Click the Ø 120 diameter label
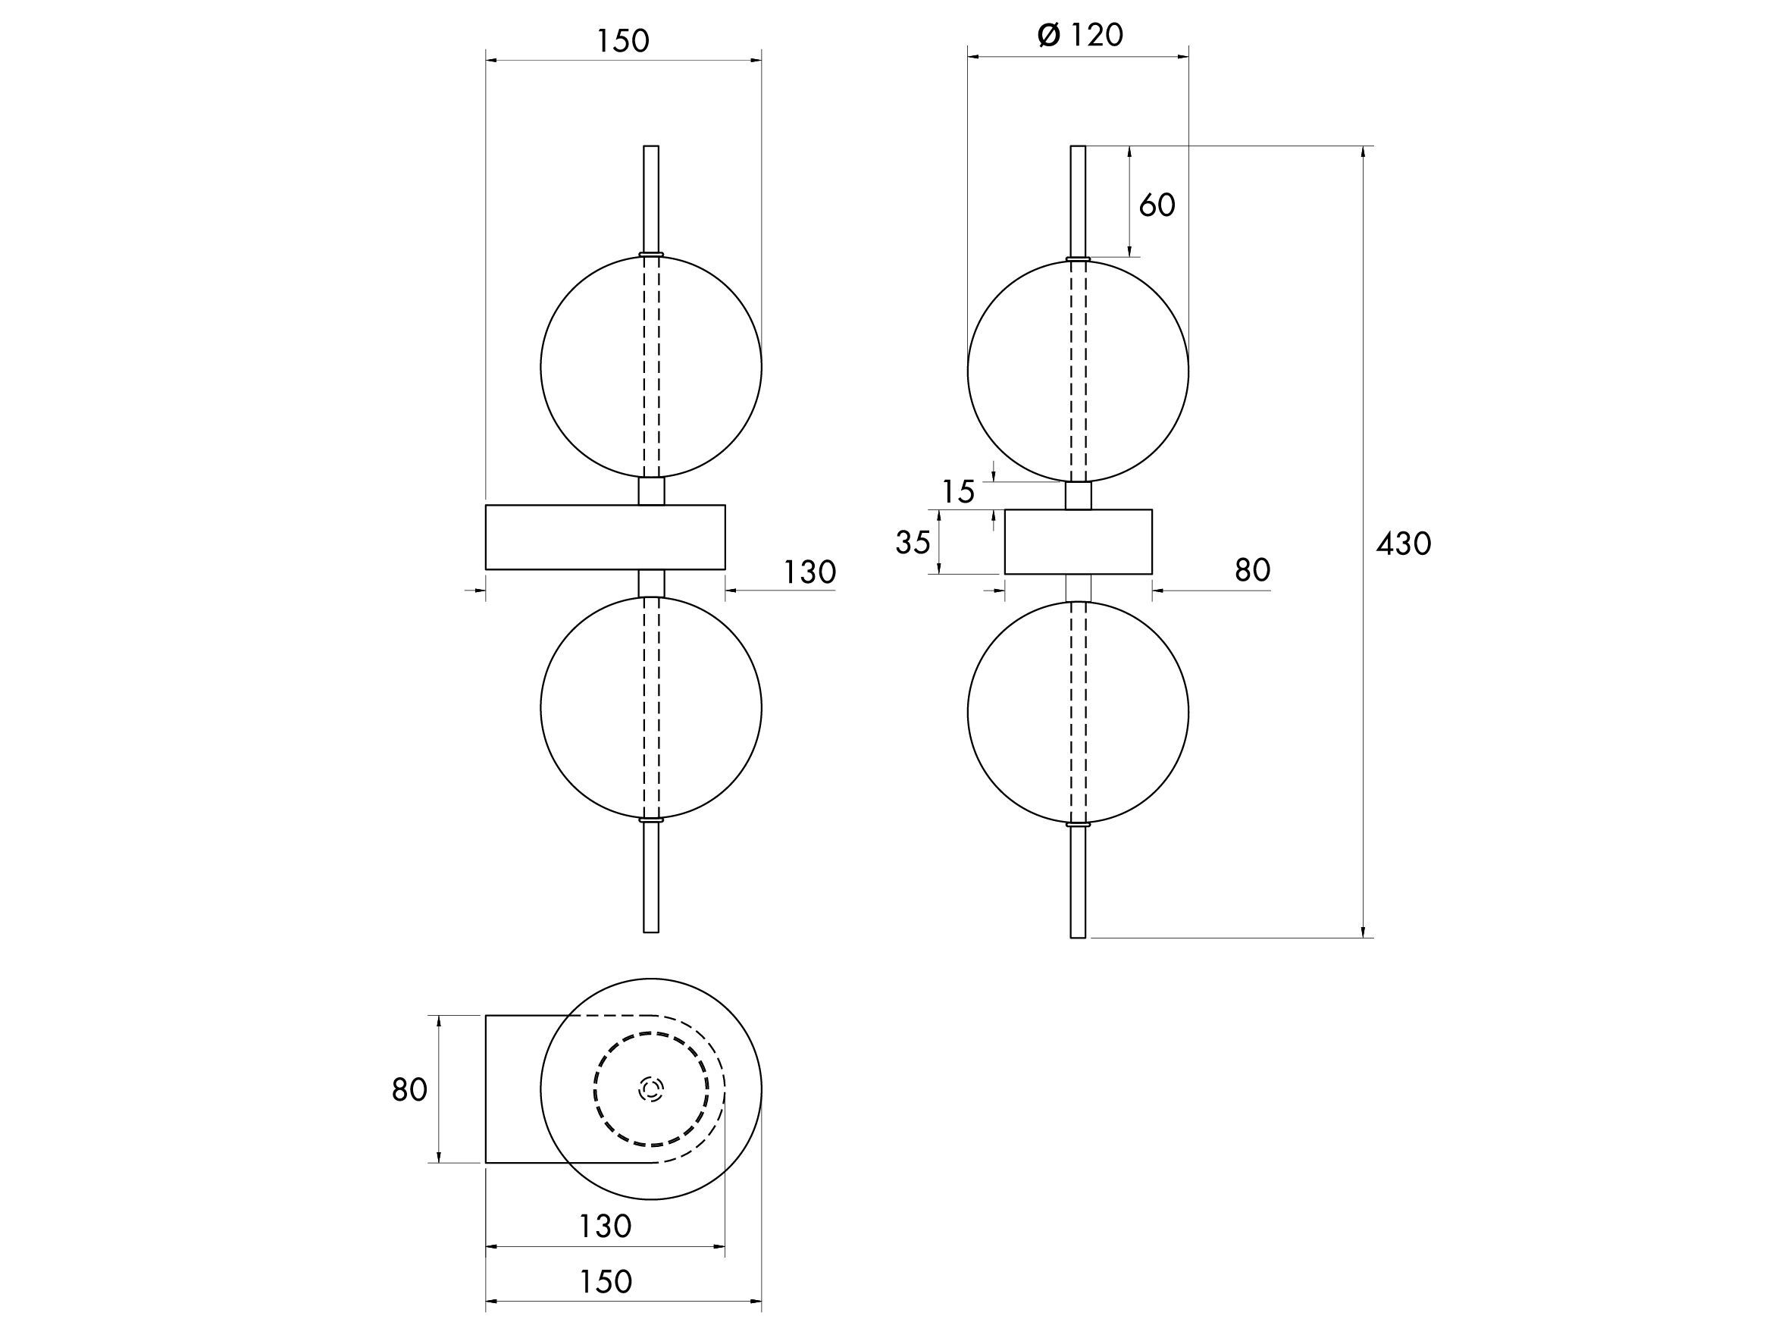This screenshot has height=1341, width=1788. (x=1080, y=35)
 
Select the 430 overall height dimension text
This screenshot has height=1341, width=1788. (x=1403, y=544)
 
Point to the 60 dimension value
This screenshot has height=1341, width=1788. (x=1157, y=205)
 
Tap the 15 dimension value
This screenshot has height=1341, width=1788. (x=959, y=491)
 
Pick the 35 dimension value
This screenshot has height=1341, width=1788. (x=913, y=542)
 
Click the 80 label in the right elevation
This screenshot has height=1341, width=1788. (x=1252, y=570)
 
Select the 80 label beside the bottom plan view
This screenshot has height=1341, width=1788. (x=409, y=1090)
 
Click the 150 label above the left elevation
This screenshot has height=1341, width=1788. (x=622, y=40)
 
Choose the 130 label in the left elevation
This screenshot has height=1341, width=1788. (x=809, y=572)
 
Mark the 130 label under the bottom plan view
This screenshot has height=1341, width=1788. (x=605, y=1227)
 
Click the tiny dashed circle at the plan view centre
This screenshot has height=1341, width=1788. (x=650, y=1089)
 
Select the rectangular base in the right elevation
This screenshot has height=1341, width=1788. (x=1079, y=541)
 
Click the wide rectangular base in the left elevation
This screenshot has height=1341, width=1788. (x=606, y=537)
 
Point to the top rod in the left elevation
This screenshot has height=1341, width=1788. (x=650, y=199)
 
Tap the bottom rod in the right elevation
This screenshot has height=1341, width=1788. (x=1078, y=882)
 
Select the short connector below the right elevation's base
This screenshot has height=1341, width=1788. (x=1079, y=588)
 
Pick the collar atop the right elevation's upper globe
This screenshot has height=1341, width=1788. (x=1079, y=259)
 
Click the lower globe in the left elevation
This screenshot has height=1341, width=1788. (x=650, y=708)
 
